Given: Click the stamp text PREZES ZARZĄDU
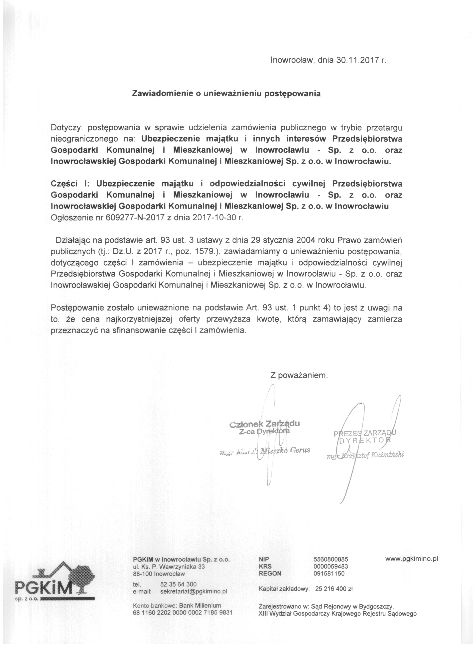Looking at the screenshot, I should [x=365, y=433].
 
